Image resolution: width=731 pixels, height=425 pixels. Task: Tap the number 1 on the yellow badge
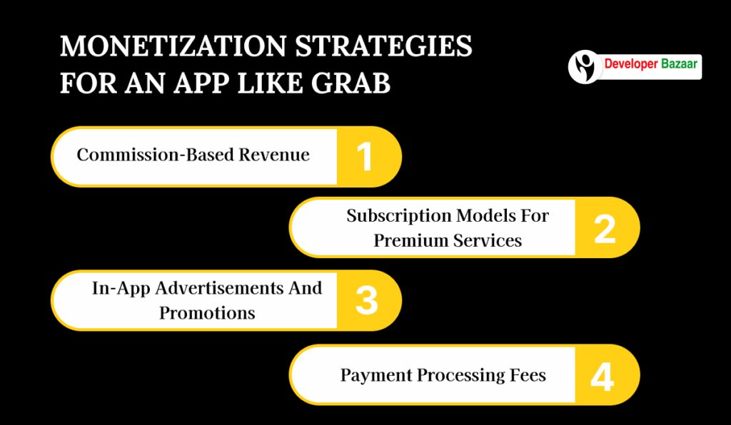click(x=365, y=156)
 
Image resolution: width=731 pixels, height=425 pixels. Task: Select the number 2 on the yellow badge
click(x=604, y=228)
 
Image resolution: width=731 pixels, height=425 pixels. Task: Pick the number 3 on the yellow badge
click(x=365, y=301)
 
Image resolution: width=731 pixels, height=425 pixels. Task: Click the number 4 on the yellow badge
click(x=603, y=375)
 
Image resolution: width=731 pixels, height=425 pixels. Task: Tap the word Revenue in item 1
click(x=280, y=155)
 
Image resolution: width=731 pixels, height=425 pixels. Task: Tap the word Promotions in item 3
click(x=207, y=313)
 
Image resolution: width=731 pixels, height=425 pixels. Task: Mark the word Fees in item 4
click(x=528, y=375)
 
